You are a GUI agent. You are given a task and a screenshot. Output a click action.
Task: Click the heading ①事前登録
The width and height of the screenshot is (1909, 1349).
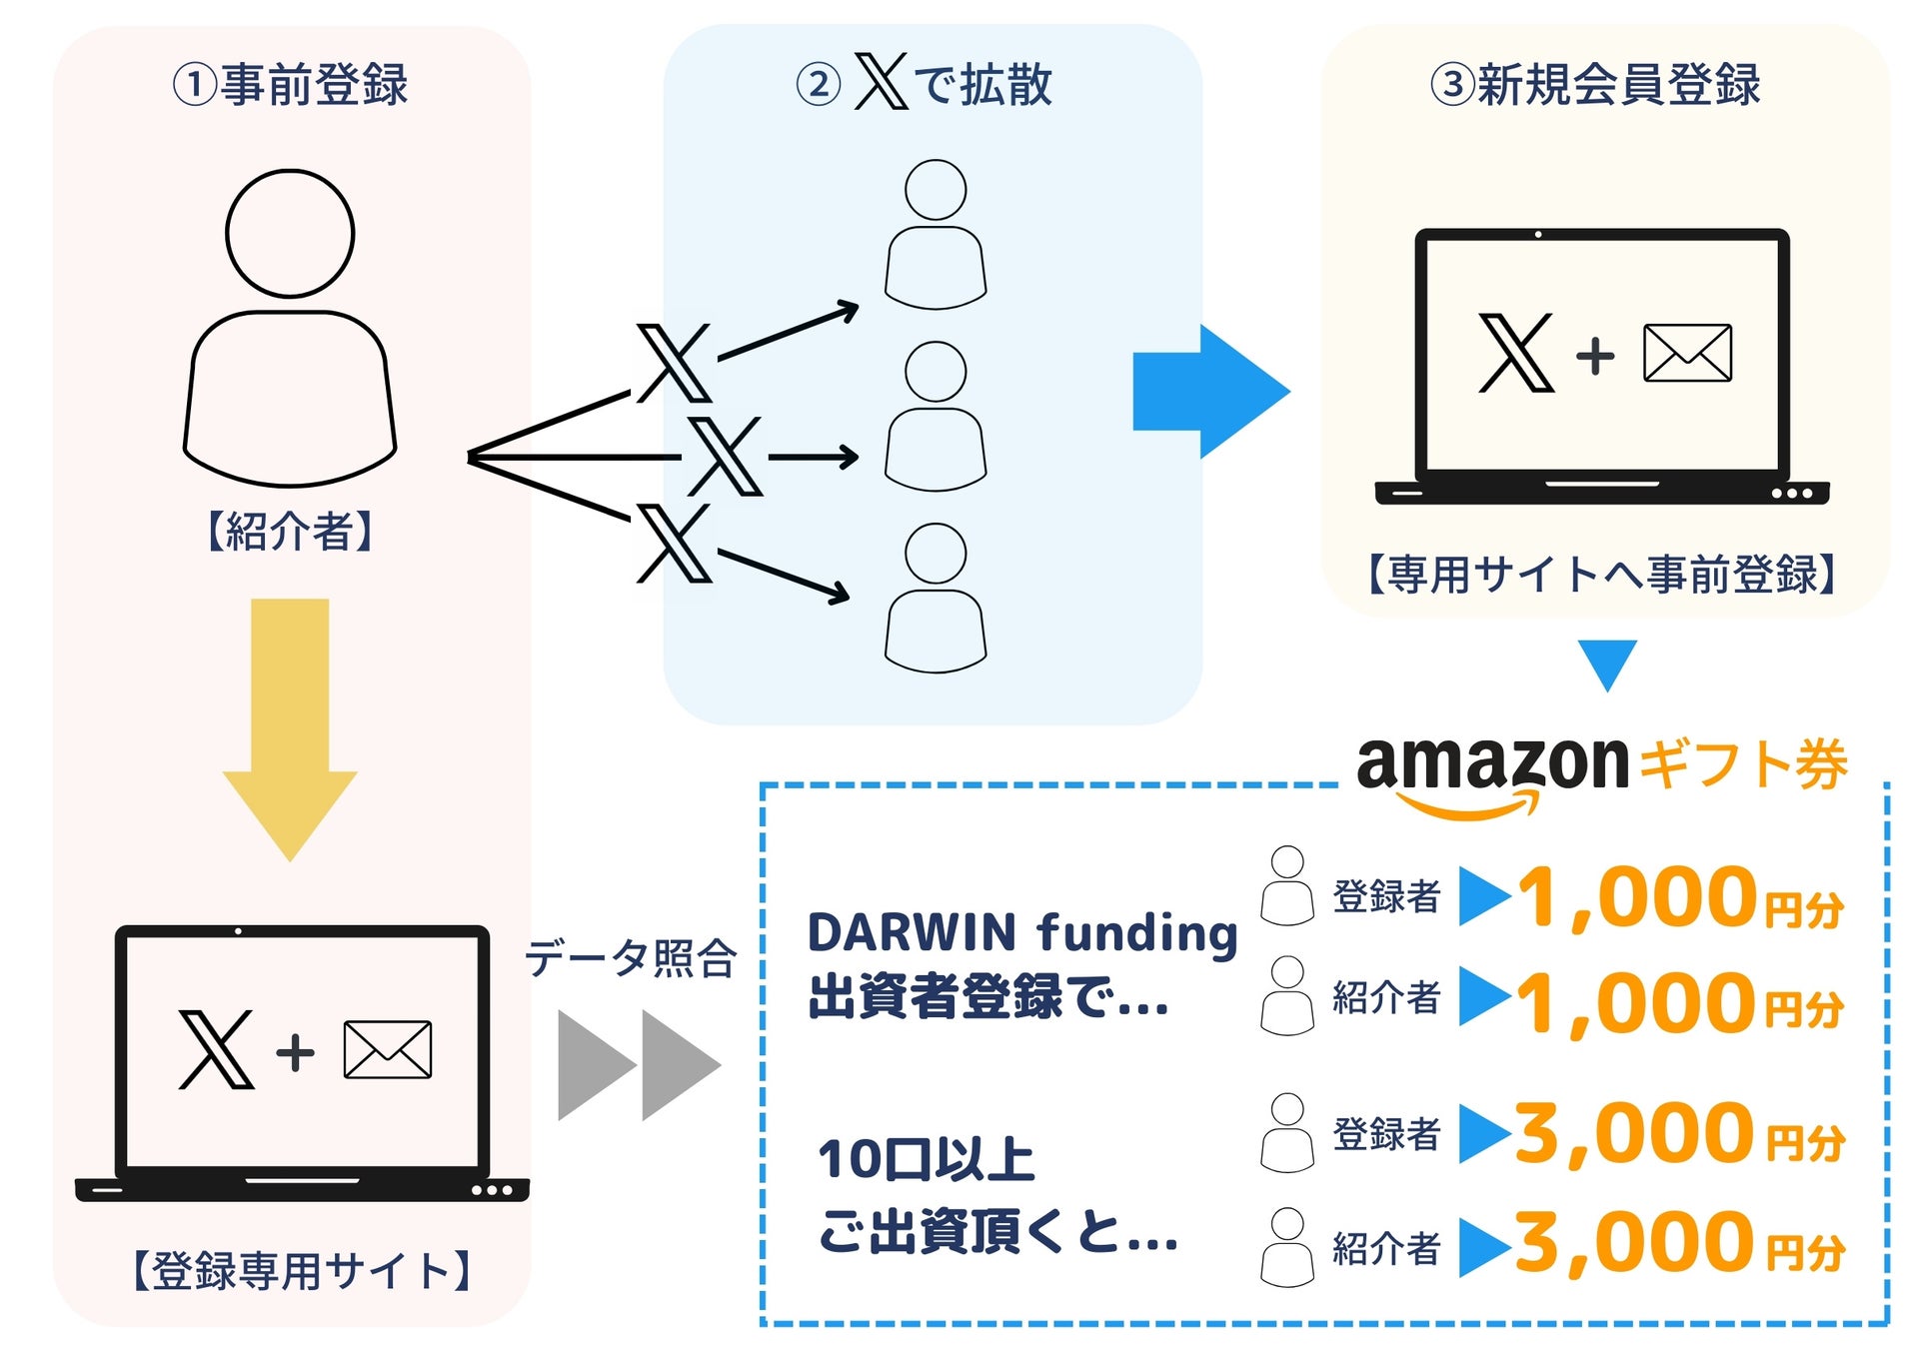pyautogui.click(x=290, y=84)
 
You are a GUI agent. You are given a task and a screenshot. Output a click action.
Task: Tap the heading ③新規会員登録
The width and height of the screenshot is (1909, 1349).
pyautogui.click(x=1595, y=84)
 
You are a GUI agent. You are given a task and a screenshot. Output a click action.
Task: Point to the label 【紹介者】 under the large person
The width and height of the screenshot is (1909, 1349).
pyautogui.click(x=290, y=531)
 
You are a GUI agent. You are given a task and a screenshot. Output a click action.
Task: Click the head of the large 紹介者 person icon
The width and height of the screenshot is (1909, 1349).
pyautogui.click(x=290, y=234)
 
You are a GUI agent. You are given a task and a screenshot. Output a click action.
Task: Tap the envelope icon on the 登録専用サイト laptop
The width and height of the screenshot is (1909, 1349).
pyautogui.click(x=387, y=1049)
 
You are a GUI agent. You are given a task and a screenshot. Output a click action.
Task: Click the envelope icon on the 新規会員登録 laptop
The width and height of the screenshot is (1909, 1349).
pyautogui.click(x=1687, y=353)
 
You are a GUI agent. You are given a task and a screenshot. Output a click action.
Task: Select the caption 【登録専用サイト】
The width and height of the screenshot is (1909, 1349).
pyautogui.click(x=300, y=1270)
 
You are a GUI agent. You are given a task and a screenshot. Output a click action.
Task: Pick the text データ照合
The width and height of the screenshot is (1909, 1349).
pyautogui.click(x=631, y=958)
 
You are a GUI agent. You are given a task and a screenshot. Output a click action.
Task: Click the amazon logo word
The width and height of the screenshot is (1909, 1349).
pyautogui.click(x=1491, y=765)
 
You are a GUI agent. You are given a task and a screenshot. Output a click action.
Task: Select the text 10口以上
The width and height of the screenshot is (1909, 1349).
pyautogui.click(x=926, y=1160)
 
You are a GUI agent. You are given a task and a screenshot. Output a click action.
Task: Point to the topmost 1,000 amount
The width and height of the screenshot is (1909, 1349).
pyautogui.click(x=1637, y=897)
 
